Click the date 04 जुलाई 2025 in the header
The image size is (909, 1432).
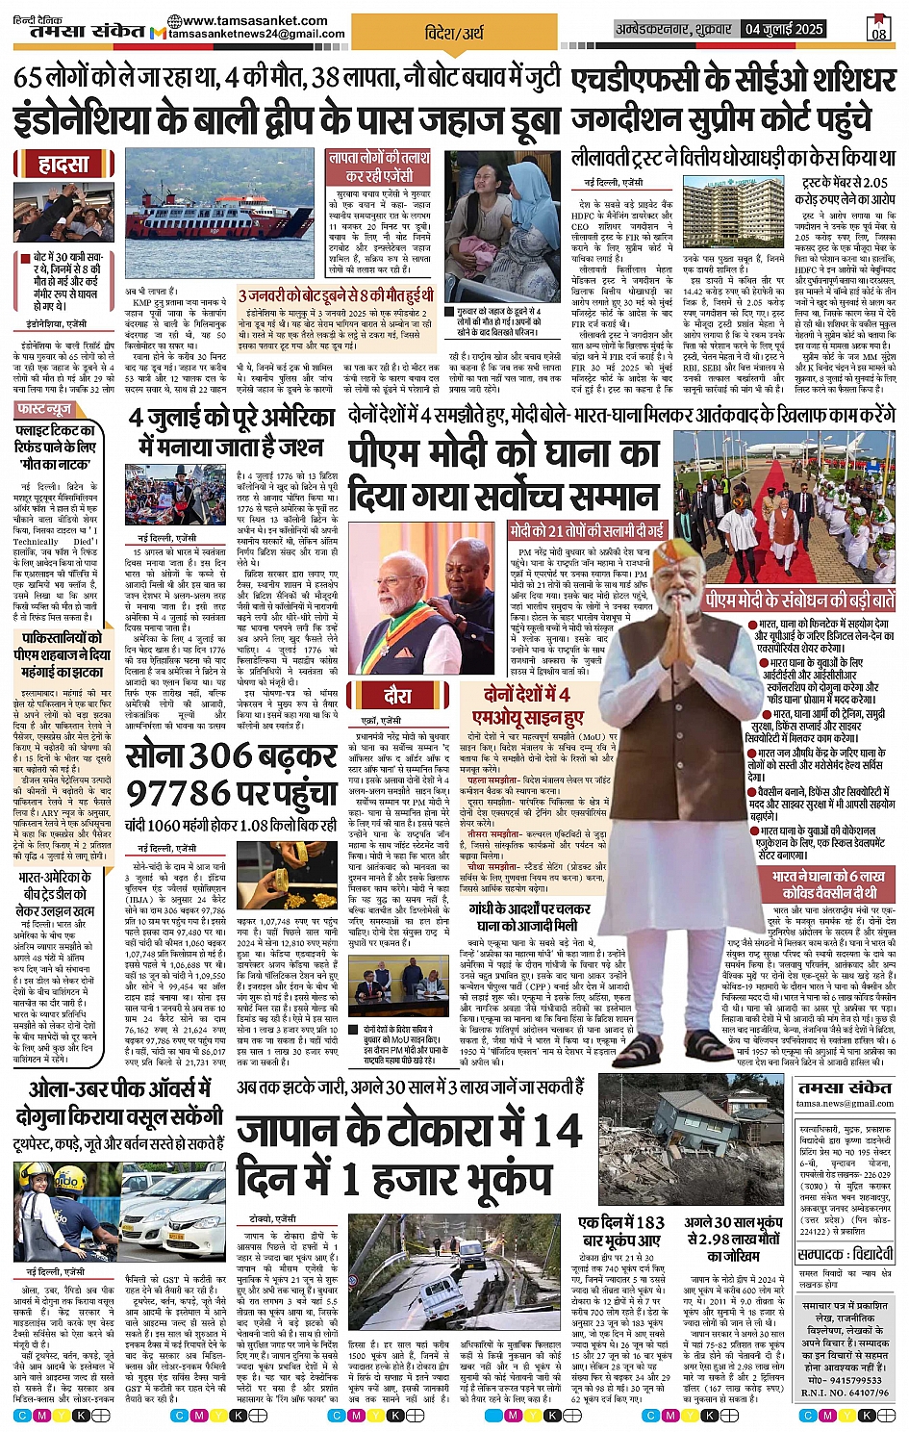pyautogui.click(x=783, y=29)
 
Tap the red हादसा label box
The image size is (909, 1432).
pyautogui.click(x=63, y=165)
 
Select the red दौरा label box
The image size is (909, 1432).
pyautogui.click(x=397, y=697)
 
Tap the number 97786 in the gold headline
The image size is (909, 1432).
pyautogui.click(x=179, y=795)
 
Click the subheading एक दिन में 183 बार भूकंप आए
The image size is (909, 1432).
pyautogui.click(x=621, y=1231)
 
